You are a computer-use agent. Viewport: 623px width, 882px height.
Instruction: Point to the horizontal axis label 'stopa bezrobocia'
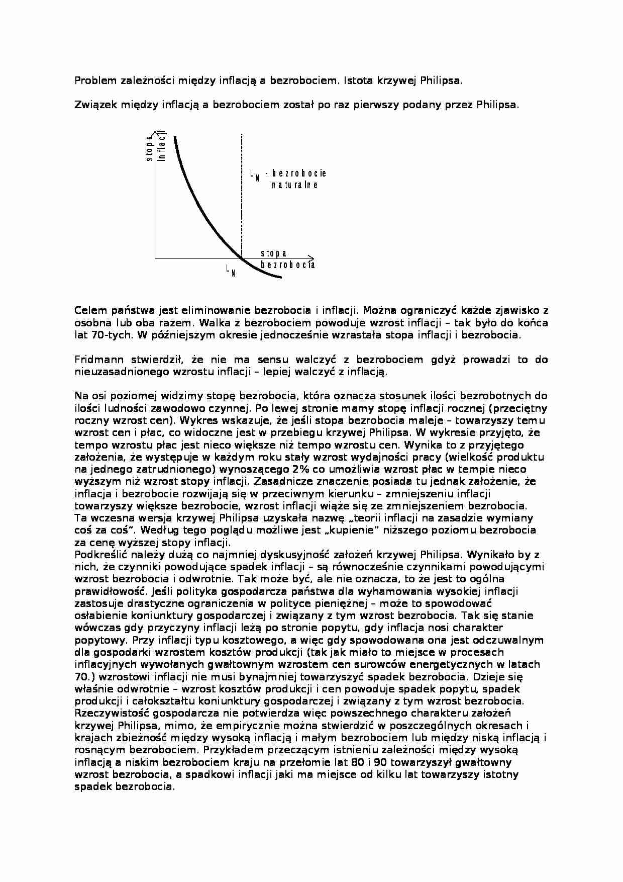287,259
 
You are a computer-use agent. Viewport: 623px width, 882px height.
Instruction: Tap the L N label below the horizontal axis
231,271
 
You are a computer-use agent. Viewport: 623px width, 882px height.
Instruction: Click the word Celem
89,311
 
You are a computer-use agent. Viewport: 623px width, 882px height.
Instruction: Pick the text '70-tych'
109,335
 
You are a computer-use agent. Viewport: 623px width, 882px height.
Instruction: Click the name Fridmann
96,360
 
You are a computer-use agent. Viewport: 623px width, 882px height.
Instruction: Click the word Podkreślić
99,555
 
